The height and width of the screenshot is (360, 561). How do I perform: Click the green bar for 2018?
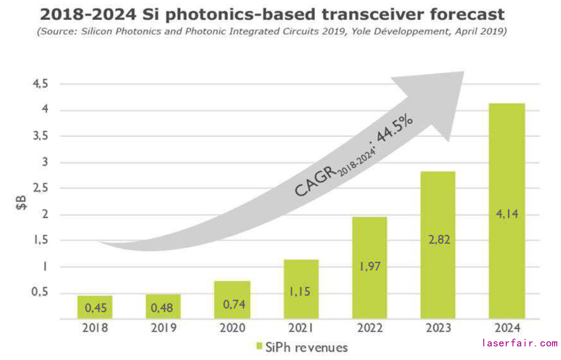click(x=94, y=307)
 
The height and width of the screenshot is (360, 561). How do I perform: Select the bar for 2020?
click(x=232, y=299)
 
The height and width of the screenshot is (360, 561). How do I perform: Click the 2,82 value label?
click(x=438, y=239)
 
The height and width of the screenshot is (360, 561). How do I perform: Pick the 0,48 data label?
click(x=163, y=308)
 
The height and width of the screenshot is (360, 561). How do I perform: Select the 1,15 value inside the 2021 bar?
click(x=301, y=291)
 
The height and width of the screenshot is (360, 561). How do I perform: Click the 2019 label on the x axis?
click(x=163, y=328)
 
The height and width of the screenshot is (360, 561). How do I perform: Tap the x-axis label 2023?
click(x=438, y=328)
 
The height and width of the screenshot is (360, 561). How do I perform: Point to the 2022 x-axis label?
click(x=369, y=328)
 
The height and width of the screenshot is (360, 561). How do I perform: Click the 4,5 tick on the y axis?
click(x=41, y=84)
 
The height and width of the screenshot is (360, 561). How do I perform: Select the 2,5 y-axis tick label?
click(x=41, y=189)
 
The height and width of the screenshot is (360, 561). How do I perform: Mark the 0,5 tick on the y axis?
click(x=41, y=293)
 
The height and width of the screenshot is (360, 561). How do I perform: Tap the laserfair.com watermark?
click(x=520, y=343)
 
